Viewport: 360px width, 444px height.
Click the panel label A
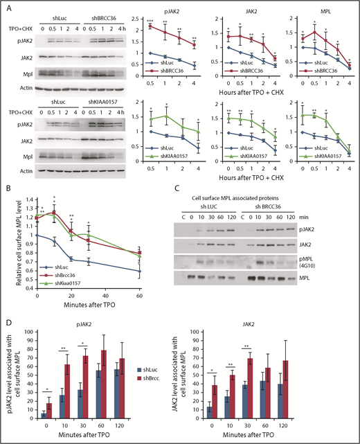pyautogui.click(x=6, y=6)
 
